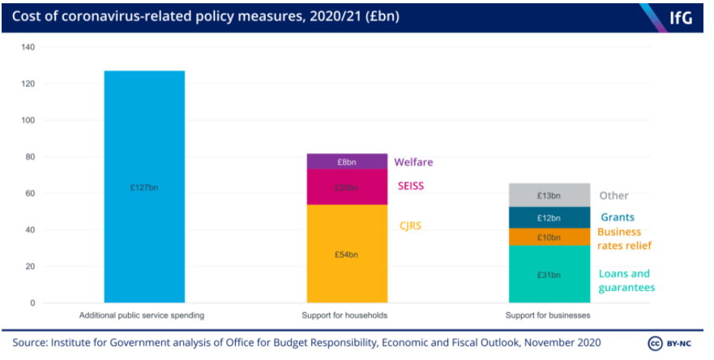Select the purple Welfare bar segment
[x=347, y=161]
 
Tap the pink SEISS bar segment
[x=347, y=187]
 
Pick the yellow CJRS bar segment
[x=347, y=254]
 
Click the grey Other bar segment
[x=549, y=195]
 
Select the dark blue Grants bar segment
[x=549, y=217]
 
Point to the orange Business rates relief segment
[x=549, y=237]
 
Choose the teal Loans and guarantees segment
[x=549, y=274]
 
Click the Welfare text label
[x=413, y=162]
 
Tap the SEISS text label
[x=410, y=186]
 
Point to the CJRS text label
[x=408, y=226]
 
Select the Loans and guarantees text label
[x=626, y=281]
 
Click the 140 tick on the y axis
[x=28, y=47]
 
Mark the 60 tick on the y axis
[x=30, y=193]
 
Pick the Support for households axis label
[x=347, y=315]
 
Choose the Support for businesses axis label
[x=549, y=315]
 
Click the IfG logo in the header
[x=680, y=17]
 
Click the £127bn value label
[x=144, y=187]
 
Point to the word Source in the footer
[x=31, y=341]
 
